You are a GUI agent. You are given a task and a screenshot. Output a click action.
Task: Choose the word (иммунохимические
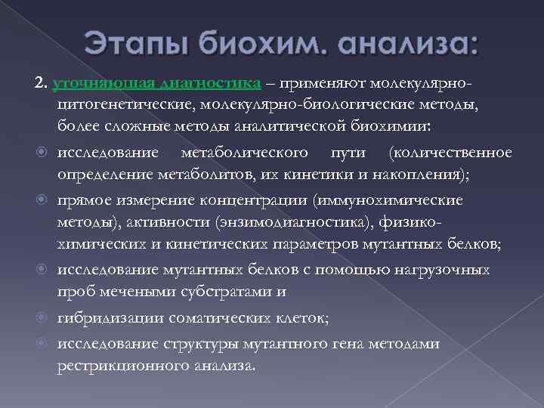[x=400, y=200]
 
